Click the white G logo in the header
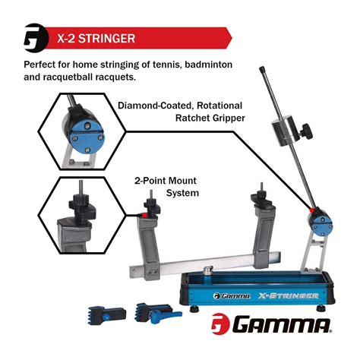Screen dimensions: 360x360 (34, 37)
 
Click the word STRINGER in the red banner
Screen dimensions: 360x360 (103, 37)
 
